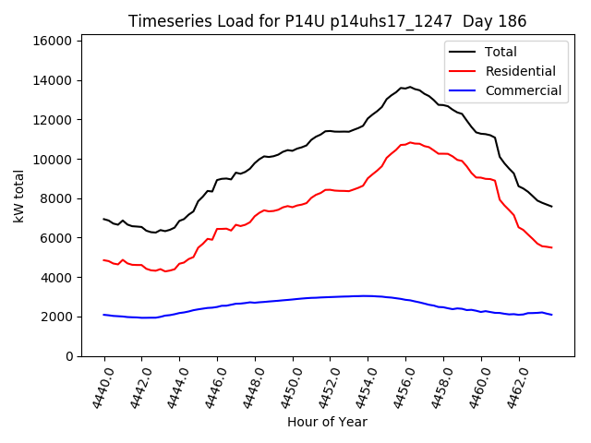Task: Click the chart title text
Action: pos(327,21)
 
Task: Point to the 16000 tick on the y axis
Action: pos(53,42)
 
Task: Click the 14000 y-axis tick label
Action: pos(53,81)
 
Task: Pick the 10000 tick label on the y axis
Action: pos(53,160)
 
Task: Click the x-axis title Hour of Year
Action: pos(327,422)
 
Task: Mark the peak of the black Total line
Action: pos(410,87)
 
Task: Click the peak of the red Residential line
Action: pos(410,143)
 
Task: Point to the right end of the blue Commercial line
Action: pos(551,315)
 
